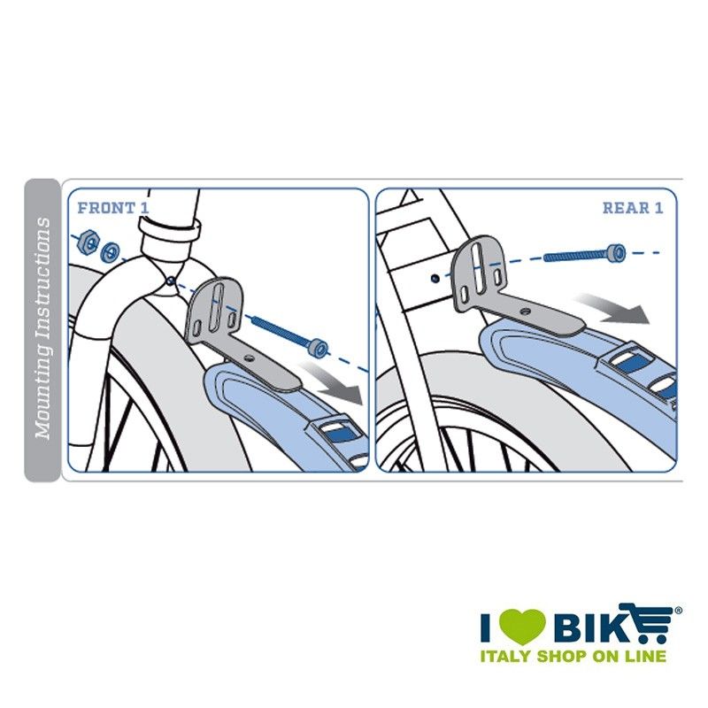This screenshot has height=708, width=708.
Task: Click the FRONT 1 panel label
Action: coord(113,208)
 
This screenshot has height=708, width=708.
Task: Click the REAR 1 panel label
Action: coord(633,208)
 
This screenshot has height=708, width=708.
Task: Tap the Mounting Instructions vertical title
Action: coord(43,328)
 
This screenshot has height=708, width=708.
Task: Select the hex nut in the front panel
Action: coord(88,242)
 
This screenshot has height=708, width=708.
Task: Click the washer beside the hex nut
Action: coord(110,251)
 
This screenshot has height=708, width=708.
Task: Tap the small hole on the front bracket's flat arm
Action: coord(248,358)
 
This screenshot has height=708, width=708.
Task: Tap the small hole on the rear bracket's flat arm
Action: coord(524,312)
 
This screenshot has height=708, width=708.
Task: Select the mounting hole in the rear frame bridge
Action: coord(435,279)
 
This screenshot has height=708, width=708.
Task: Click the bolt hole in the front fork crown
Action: coord(170,281)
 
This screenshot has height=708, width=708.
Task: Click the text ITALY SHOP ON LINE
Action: coord(573,656)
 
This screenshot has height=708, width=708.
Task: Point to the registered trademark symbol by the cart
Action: coord(678,612)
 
